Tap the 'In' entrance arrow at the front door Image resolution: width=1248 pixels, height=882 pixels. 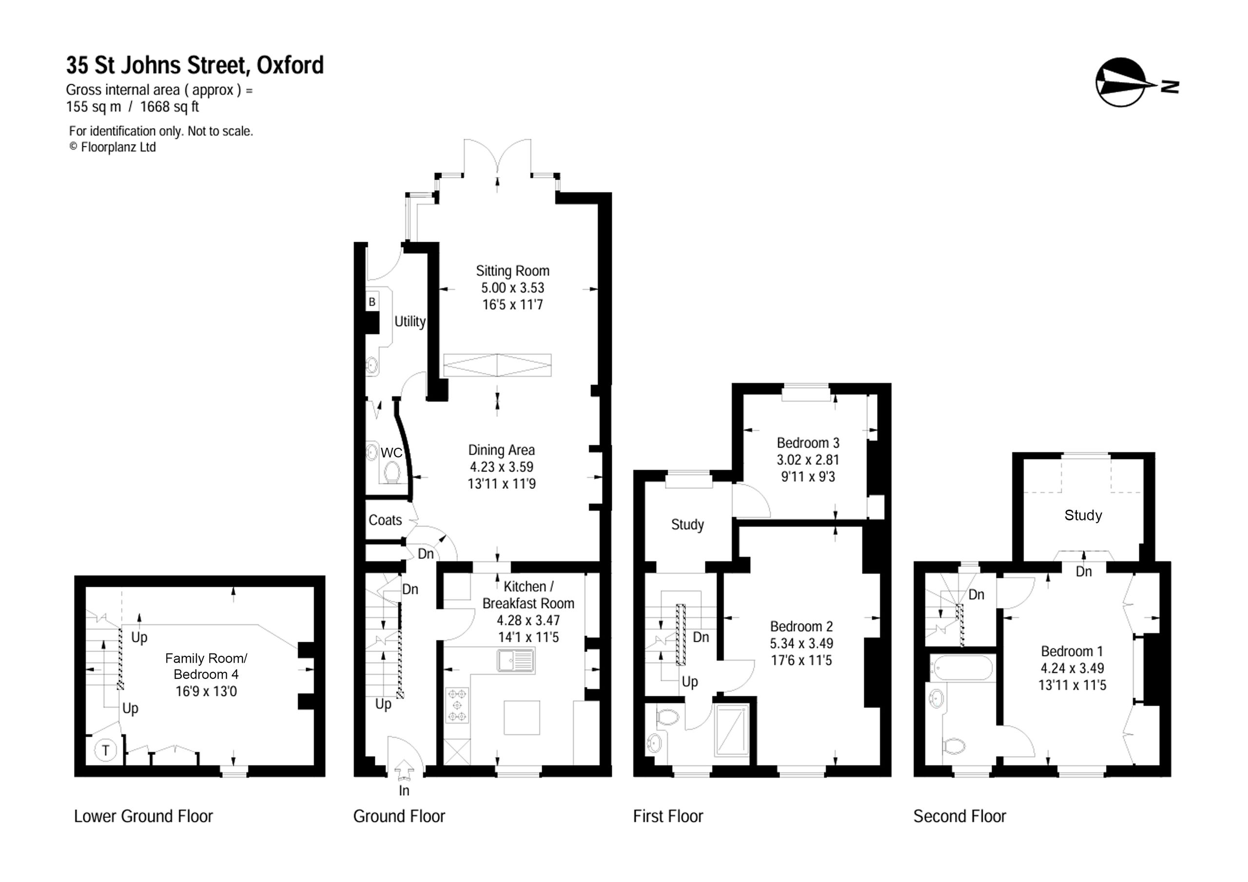point(403,771)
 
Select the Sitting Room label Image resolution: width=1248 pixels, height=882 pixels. point(512,270)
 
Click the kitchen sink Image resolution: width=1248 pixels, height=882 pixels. point(515,661)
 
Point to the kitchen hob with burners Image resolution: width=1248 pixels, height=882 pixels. point(457,706)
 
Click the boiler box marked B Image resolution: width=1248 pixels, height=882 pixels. point(372,302)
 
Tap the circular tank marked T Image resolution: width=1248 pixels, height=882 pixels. point(105,750)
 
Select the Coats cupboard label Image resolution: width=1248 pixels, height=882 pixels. point(386,520)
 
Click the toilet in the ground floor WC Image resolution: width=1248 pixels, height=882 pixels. point(392,472)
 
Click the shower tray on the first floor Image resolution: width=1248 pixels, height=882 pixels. point(731,730)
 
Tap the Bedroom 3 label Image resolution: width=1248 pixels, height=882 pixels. point(808,443)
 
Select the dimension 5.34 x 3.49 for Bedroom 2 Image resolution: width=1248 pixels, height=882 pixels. point(801,643)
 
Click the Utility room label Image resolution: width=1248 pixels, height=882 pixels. point(410,322)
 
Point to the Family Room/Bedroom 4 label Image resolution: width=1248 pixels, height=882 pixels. point(206,666)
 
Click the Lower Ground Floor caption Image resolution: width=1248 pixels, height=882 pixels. point(143,816)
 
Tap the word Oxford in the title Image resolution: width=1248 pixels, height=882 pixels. point(290,65)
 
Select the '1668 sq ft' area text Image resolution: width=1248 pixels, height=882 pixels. point(170,107)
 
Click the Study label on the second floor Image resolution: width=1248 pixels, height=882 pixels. point(1083,515)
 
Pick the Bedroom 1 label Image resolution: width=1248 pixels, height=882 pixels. point(1072,651)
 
